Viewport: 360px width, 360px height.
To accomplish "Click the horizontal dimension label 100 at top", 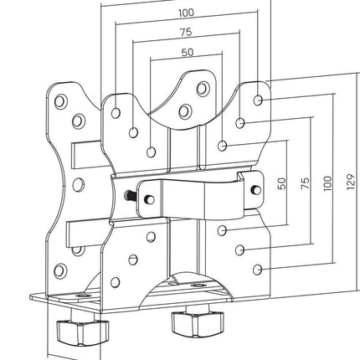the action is tap(186, 13).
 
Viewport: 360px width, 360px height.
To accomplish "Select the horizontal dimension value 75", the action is tap(186, 32).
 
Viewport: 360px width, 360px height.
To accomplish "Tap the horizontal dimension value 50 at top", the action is tap(188, 52).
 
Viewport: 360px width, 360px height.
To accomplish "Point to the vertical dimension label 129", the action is tap(351, 183).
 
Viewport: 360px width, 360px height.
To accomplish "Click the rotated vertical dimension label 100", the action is tap(327, 183).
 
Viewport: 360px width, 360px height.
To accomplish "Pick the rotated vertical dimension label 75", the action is tap(306, 183).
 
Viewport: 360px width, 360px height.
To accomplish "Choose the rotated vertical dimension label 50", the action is tap(282, 183).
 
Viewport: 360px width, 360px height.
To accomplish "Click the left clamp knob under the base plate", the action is tap(83, 332).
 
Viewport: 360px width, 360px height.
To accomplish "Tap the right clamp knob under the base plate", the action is tap(198, 322).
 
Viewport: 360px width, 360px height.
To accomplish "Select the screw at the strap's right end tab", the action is tap(255, 190).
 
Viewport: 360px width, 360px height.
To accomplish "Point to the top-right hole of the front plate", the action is tap(258, 100).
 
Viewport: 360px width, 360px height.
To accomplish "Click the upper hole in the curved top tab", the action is tap(203, 88).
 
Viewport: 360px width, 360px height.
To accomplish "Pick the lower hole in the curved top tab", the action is tap(185, 111).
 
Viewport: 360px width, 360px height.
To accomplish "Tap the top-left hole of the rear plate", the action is tap(61, 101).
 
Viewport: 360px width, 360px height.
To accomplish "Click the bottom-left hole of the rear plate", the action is tap(60, 270).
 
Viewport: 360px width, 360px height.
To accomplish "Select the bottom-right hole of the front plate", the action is tap(257, 270).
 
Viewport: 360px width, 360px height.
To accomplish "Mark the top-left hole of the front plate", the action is tap(116, 113).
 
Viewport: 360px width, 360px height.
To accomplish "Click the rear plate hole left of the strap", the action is tap(79, 185).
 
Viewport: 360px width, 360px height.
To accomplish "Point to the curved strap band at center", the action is tap(193, 198).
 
